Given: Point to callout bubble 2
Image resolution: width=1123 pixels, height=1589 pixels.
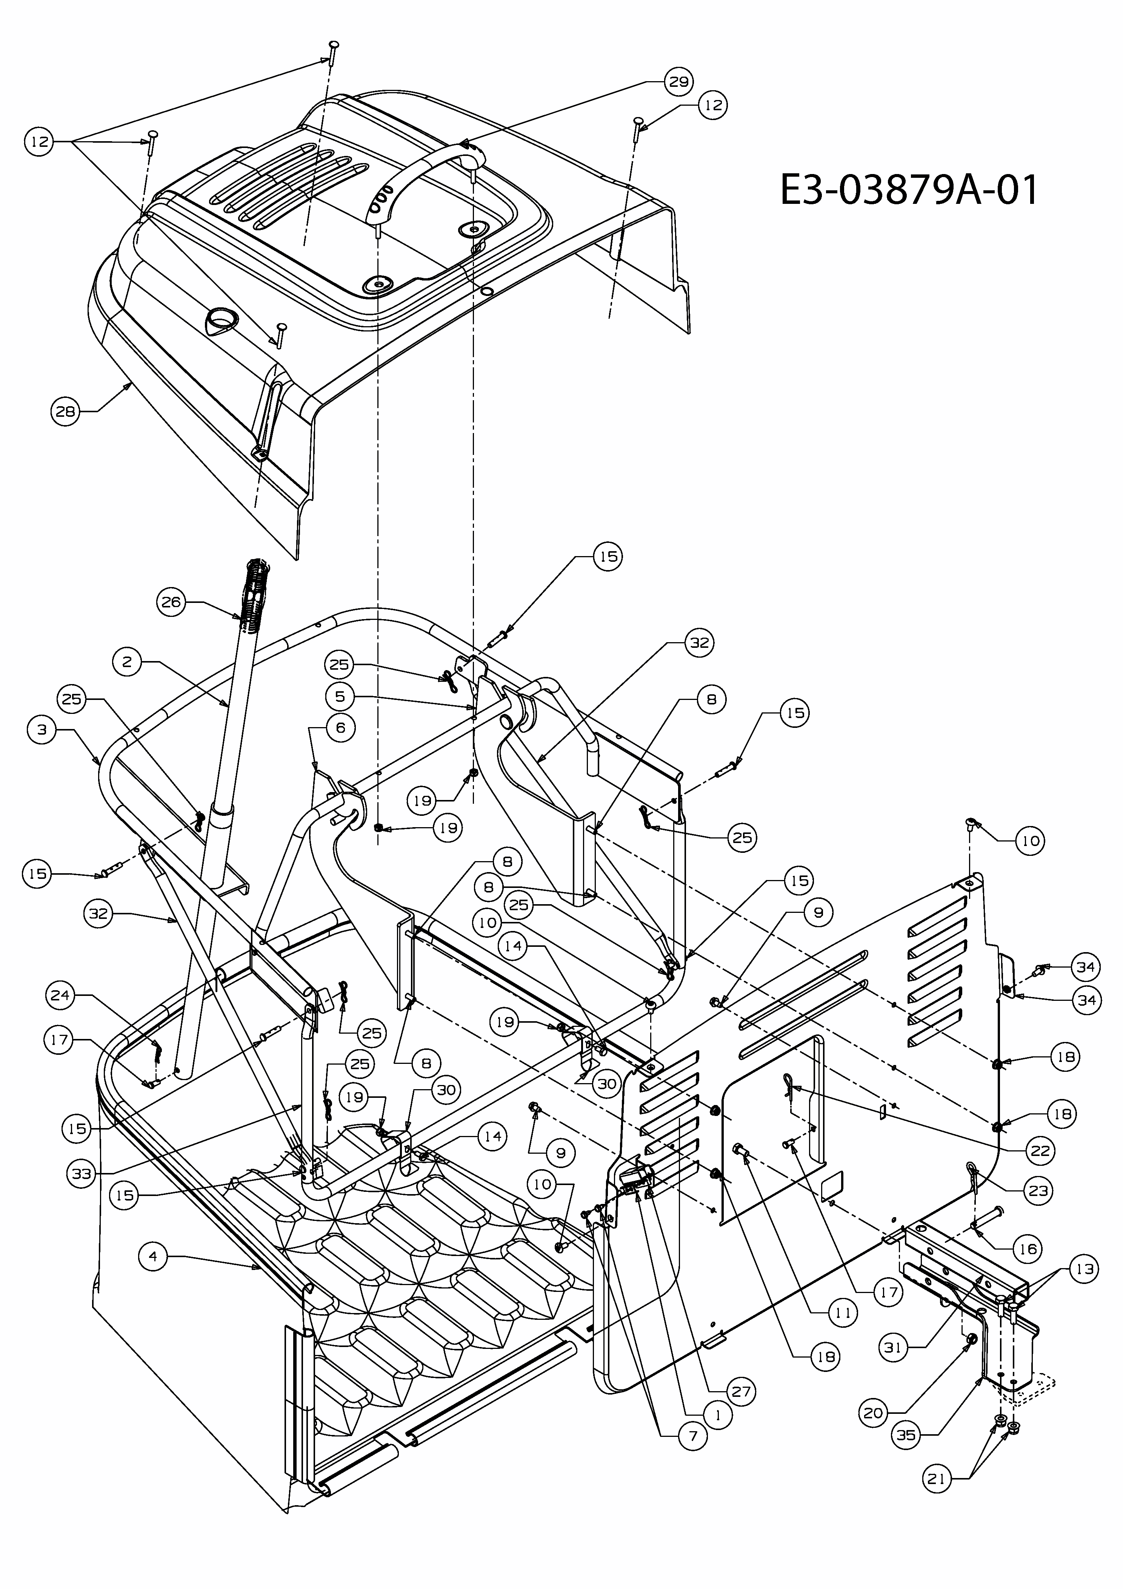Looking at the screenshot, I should point(127,662).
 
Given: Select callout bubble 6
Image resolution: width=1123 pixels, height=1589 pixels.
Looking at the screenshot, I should point(340,727).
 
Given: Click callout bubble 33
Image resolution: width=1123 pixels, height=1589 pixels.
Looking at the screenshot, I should point(82,1173).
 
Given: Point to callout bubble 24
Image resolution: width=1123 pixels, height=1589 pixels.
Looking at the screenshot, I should point(60,994).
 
